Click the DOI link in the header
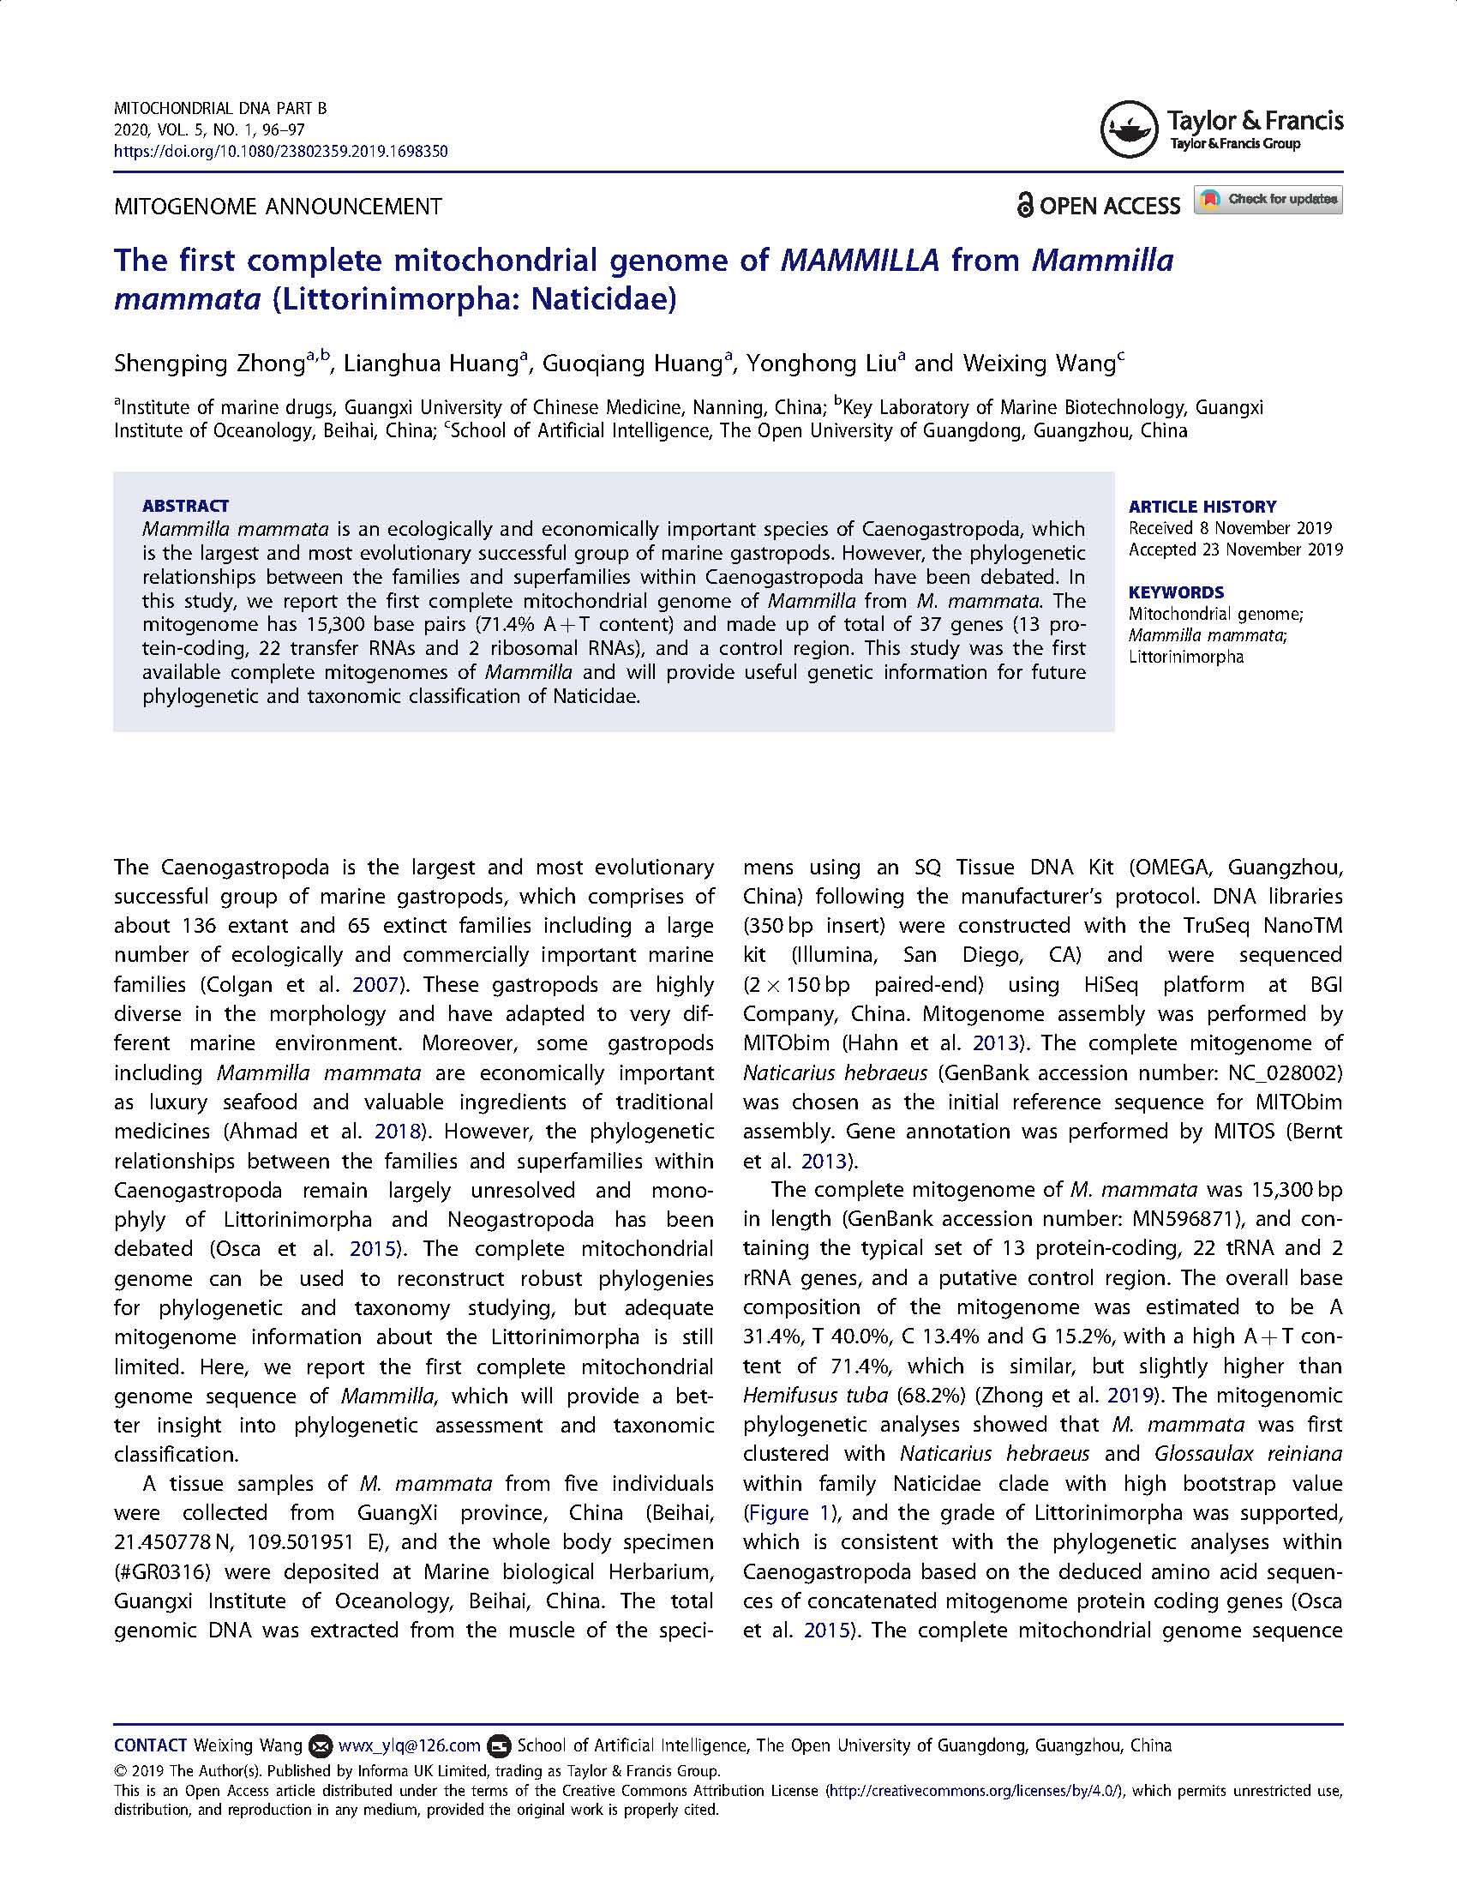pos(280,151)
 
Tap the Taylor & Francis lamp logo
pos(1128,129)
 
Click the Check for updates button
pos(1268,200)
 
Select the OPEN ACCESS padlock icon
pos(1024,206)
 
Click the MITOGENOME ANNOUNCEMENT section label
pos(278,207)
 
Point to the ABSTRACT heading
pos(186,506)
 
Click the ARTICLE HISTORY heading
pos(1202,507)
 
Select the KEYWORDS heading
pos(1176,592)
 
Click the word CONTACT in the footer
pos(150,1745)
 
